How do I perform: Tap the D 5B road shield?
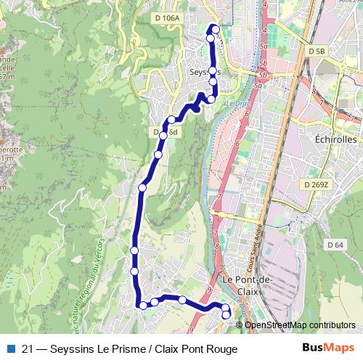point(317,52)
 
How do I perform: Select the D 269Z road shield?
point(317,185)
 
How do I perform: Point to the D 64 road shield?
point(335,245)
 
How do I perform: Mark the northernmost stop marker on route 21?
point(214,29)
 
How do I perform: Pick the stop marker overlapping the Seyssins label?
point(213,71)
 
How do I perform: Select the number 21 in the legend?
point(28,349)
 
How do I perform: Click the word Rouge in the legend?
point(221,349)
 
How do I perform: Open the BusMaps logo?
point(328,348)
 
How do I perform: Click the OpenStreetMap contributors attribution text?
point(300,325)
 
